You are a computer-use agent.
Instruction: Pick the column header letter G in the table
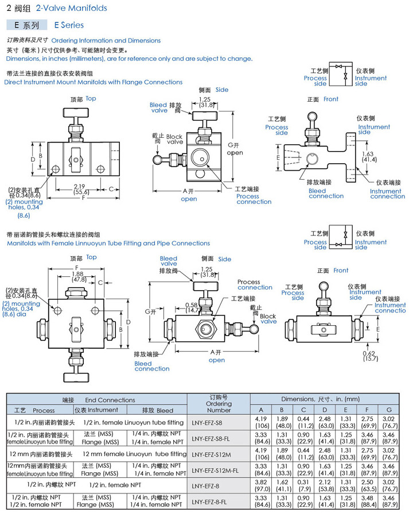point(389,410)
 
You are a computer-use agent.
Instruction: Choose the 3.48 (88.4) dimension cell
point(368,502)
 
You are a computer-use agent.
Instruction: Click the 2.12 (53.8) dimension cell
point(325,485)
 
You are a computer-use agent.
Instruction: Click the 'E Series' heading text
point(69,25)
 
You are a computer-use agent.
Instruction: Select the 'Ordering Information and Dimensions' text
point(106,41)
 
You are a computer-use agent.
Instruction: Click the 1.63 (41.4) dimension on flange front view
point(368,157)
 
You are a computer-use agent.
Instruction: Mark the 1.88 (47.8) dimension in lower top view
point(79,277)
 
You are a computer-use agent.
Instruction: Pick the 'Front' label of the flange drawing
point(347,99)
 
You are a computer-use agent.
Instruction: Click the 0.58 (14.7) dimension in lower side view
point(192,307)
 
